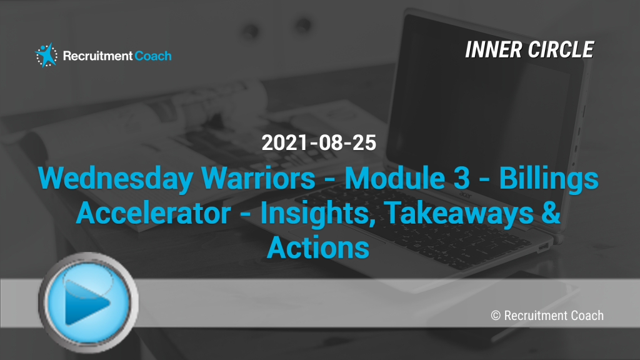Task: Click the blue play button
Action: (x=88, y=302)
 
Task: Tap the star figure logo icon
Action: (x=46, y=55)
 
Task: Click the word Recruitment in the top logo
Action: (x=97, y=56)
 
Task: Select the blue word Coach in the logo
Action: (x=153, y=56)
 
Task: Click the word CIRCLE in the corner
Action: (x=561, y=50)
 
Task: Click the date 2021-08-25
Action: (x=319, y=143)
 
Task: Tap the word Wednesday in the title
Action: (x=116, y=179)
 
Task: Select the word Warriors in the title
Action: (x=258, y=178)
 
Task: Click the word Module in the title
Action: (x=395, y=178)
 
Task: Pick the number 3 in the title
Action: (x=462, y=178)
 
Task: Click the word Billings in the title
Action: (x=549, y=179)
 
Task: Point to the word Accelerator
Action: (x=154, y=213)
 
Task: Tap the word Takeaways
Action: (x=459, y=214)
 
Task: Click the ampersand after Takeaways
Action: (x=551, y=212)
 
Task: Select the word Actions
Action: (x=318, y=247)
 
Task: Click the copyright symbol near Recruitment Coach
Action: (x=496, y=316)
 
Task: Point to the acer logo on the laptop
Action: (x=466, y=196)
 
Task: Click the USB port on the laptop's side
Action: (x=543, y=247)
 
